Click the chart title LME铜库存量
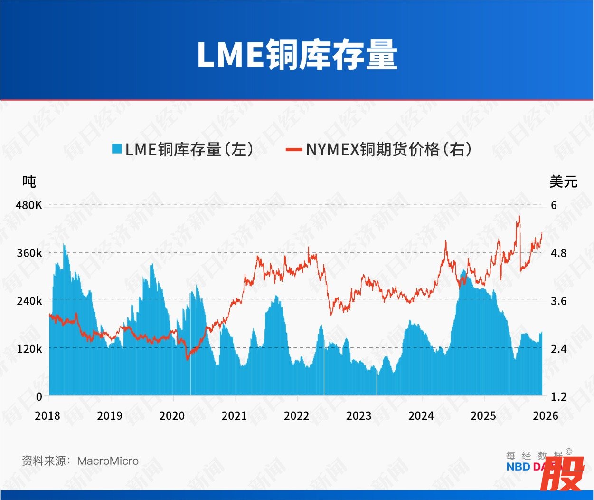point(297,55)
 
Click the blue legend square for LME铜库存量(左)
point(117,149)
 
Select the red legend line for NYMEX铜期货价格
point(293,149)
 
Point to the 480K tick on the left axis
point(29,205)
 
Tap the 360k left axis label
point(29,253)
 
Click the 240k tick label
point(29,301)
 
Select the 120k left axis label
point(29,349)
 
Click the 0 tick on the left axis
point(39,396)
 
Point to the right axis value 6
point(554,205)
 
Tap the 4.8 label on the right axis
point(558,253)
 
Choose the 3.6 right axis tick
point(558,301)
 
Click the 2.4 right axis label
point(558,349)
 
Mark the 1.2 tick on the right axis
point(558,396)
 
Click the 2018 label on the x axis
point(47,416)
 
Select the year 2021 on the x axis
point(234,416)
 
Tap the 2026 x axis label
point(546,416)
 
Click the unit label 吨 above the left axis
point(29,181)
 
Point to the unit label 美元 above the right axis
point(563,181)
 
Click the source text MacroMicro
point(108,461)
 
